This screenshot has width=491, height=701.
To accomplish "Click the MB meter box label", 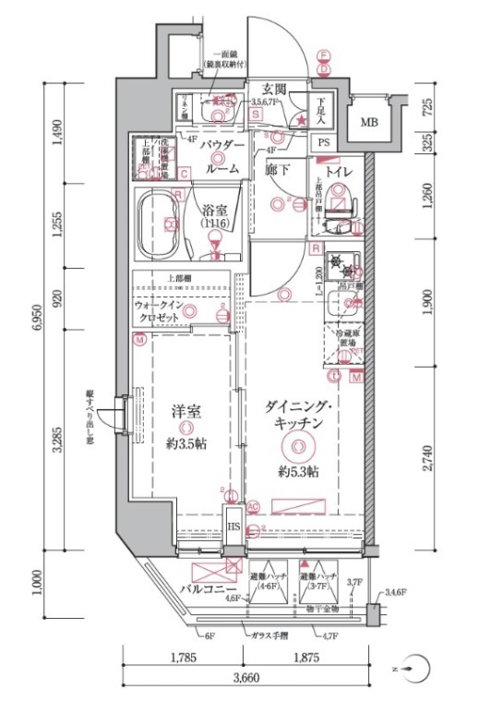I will click(x=369, y=122).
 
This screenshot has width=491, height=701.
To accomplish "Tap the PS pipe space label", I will click(x=324, y=142).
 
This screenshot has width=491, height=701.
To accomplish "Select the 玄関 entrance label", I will click(x=274, y=90).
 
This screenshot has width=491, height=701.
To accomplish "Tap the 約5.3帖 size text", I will click(x=298, y=472).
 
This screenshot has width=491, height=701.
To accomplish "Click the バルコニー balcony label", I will click(x=210, y=587).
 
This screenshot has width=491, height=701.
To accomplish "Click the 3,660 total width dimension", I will click(x=245, y=679).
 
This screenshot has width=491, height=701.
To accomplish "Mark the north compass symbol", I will click(x=421, y=668).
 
